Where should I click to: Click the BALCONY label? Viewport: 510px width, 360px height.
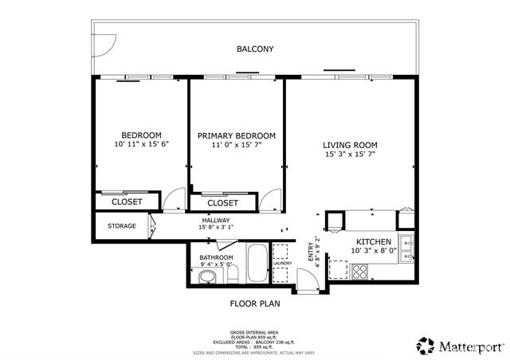tap(255, 49)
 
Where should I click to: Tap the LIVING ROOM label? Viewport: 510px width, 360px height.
tap(350, 145)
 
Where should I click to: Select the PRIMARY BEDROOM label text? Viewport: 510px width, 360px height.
tap(237, 135)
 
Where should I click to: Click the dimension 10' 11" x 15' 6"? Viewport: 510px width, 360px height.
tap(141, 144)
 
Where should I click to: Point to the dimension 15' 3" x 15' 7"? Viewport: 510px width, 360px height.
tap(350, 155)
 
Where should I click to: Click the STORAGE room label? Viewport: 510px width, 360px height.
tap(122, 225)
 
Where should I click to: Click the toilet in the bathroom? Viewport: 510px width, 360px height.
tap(206, 277)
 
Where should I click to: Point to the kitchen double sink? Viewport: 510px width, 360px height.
tap(406, 248)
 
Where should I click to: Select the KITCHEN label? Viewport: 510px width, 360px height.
tap(373, 241)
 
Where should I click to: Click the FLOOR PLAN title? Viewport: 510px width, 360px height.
tap(254, 303)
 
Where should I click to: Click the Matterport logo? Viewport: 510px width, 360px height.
tap(461, 346)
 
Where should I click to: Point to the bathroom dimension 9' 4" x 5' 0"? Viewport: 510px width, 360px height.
tap(216, 264)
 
